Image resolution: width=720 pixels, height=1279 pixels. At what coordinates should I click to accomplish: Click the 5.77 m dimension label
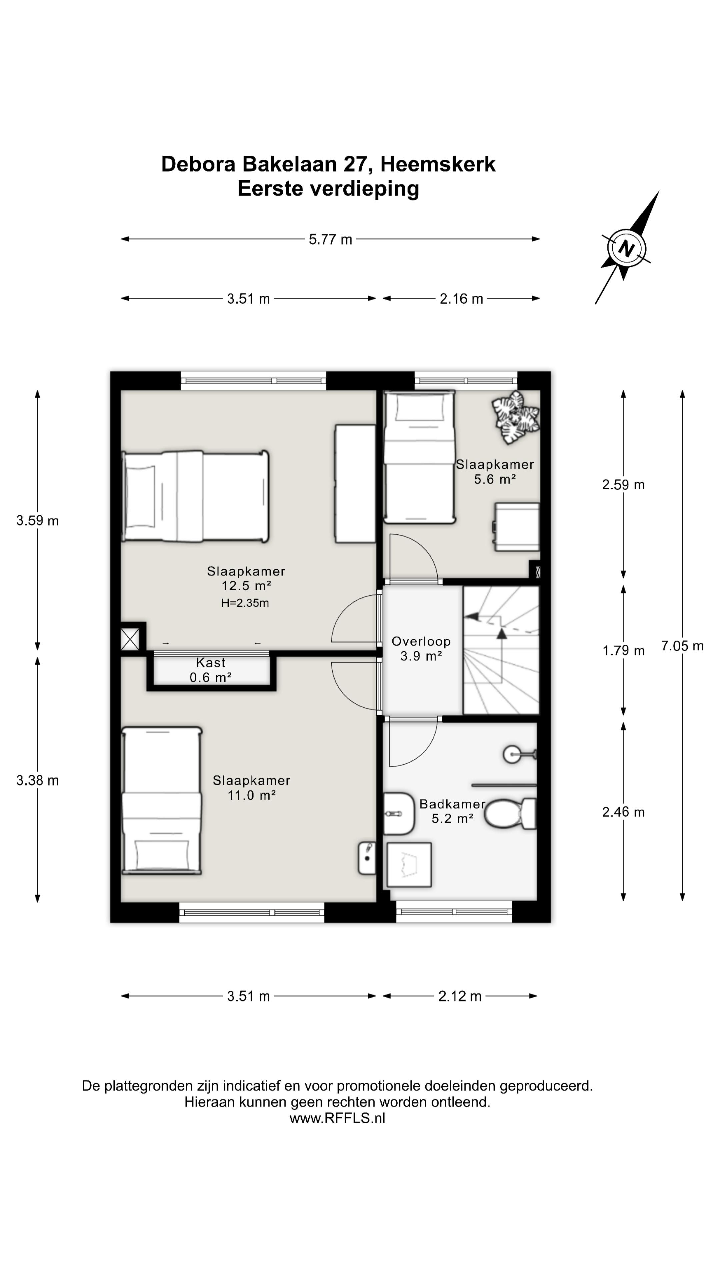point(330,239)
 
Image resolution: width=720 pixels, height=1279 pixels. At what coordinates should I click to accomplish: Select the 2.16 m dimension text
point(461,299)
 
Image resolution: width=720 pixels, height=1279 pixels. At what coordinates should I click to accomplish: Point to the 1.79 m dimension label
point(623,650)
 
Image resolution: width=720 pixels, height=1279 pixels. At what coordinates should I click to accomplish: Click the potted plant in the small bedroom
point(516,417)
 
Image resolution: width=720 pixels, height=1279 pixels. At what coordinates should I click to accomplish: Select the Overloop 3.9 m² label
point(421,648)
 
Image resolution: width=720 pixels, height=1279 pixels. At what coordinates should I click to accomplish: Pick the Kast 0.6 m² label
point(211,670)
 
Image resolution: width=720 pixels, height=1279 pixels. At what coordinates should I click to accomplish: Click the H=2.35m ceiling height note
point(245,603)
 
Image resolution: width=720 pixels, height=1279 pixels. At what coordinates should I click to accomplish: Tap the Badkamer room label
point(452,804)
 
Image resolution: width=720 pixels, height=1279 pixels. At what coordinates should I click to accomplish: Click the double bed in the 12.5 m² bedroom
point(195,496)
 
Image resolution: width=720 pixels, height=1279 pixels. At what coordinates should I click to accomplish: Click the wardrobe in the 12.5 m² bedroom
point(355,484)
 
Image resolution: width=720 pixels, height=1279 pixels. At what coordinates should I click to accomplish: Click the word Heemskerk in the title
point(438,164)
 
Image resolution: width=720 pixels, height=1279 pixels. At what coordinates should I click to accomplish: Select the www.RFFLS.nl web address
point(337,1118)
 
